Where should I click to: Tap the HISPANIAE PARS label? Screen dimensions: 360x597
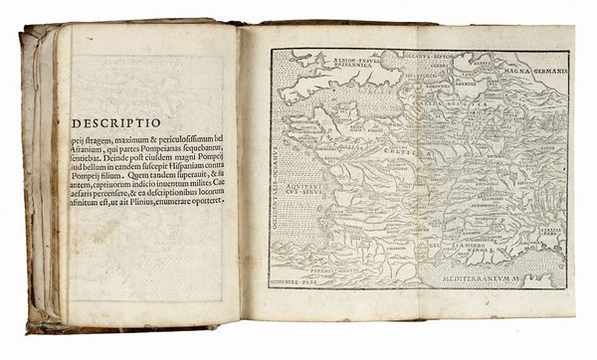(x=304, y=281)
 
